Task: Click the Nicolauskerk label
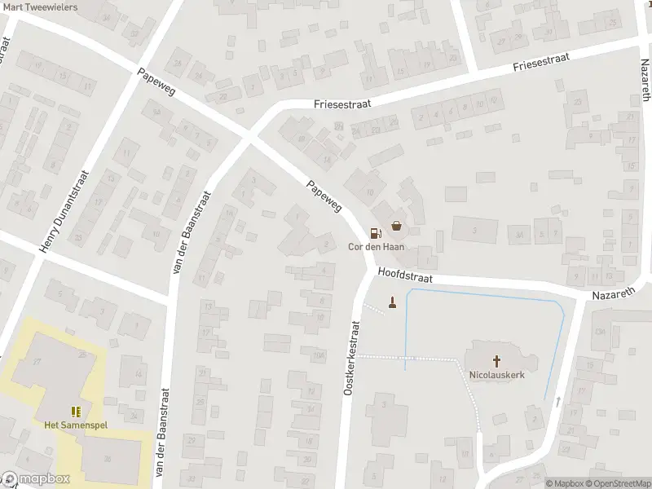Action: pyautogui.click(x=496, y=376)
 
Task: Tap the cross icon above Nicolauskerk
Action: pyautogui.click(x=496, y=360)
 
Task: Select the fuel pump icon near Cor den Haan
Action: pyautogui.click(x=375, y=232)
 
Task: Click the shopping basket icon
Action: pyautogui.click(x=396, y=225)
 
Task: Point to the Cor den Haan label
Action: pyautogui.click(x=377, y=247)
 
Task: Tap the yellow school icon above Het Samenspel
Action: pyautogui.click(x=75, y=412)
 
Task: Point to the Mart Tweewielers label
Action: pyautogui.click(x=40, y=7)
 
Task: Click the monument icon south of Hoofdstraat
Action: pyautogui.click(x=393, y=305)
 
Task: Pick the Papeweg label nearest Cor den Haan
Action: pyautogui.click(x=323, y=196)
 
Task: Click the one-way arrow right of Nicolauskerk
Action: pyautogui.click(x=558, y=401)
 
